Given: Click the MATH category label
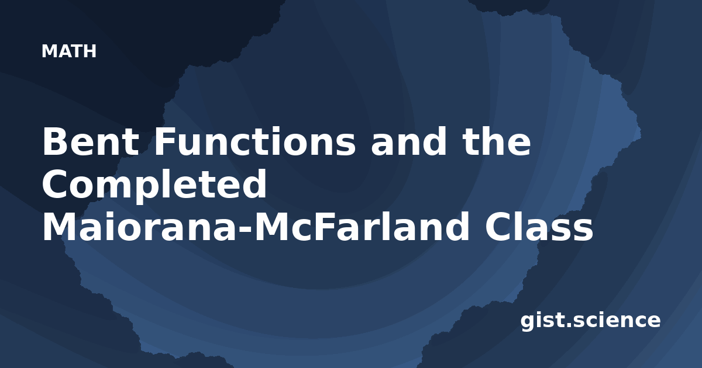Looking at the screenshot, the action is click(x=69, y=51).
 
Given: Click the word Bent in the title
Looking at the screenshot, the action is click(x=91, y=141).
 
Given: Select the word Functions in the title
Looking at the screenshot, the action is click(x=255, y=141).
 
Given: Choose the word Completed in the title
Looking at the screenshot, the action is click(x=154, y=185).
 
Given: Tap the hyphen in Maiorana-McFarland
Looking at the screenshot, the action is click(x=245, y=229).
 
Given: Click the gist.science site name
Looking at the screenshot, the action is click(x=590, y=321).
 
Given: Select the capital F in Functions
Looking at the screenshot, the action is click(x=165, y=141).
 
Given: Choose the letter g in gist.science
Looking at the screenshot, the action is click(x=528, y=322).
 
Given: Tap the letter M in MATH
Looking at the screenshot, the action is click(x=49, y=51).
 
